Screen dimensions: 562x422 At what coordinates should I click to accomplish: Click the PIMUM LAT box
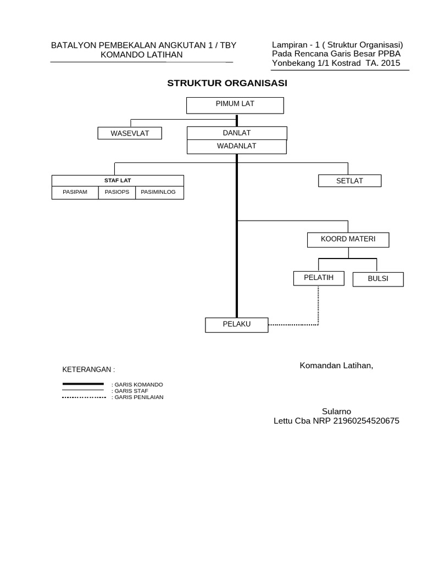pos(235,105)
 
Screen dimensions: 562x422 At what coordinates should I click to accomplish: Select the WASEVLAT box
pos(130,133)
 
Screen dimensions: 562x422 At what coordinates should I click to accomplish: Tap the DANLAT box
pos(237,133)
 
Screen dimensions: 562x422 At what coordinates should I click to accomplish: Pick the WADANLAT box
pos(237,147)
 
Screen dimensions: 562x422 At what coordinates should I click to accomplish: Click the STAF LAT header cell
pos(118,181)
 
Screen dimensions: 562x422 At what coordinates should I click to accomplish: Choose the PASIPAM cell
pos(75,193)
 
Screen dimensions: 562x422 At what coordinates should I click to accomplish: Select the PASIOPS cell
pos(116,193)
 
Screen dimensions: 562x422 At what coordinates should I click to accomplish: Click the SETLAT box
pos(349,181)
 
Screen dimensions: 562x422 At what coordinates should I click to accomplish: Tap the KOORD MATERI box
pos(348,240)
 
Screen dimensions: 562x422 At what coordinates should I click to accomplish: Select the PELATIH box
pos(319,278)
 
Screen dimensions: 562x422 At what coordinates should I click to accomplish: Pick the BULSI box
pos(378,279)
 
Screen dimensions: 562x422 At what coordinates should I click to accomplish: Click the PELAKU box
pos(237,324)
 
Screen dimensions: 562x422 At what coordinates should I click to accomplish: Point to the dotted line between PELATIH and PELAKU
pos(318,307)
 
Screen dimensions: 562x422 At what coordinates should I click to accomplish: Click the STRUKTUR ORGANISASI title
pos(227,83)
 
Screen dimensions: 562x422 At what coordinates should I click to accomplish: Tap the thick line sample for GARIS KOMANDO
pos(83,384)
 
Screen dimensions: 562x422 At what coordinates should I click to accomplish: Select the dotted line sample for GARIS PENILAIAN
pos(83,397)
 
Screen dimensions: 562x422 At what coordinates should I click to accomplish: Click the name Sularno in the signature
pos(336,412)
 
